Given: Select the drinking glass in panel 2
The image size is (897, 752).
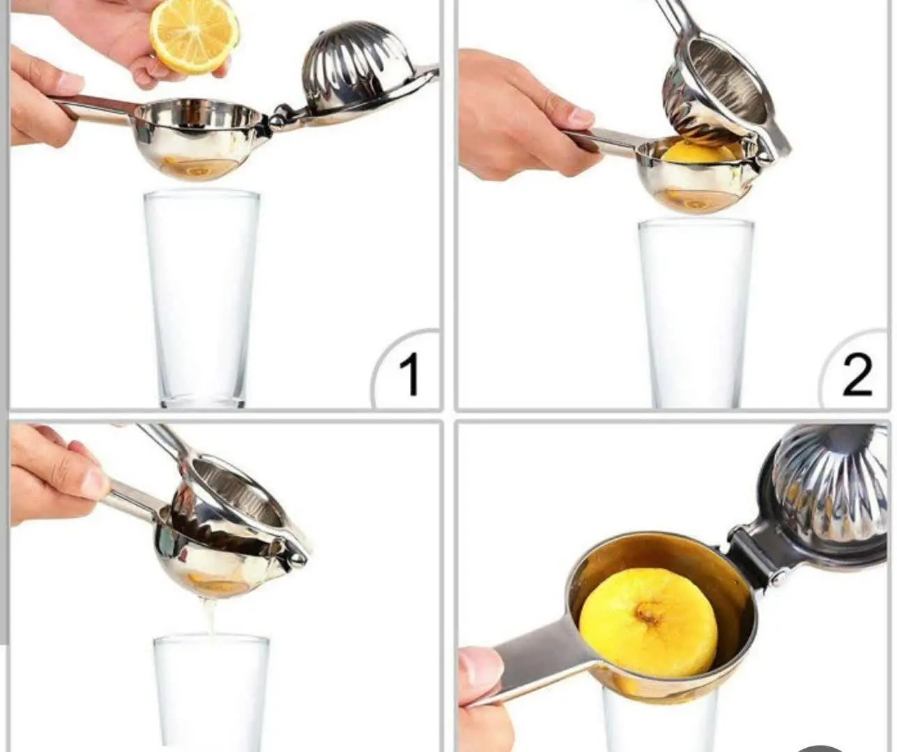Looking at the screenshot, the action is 696,313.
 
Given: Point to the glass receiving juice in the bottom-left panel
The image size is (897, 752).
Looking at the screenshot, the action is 211,694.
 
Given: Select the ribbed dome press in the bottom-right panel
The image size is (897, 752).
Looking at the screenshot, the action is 827,489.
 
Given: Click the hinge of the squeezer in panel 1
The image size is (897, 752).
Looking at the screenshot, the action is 282,115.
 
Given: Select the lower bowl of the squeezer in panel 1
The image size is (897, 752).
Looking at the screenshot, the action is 198,137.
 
